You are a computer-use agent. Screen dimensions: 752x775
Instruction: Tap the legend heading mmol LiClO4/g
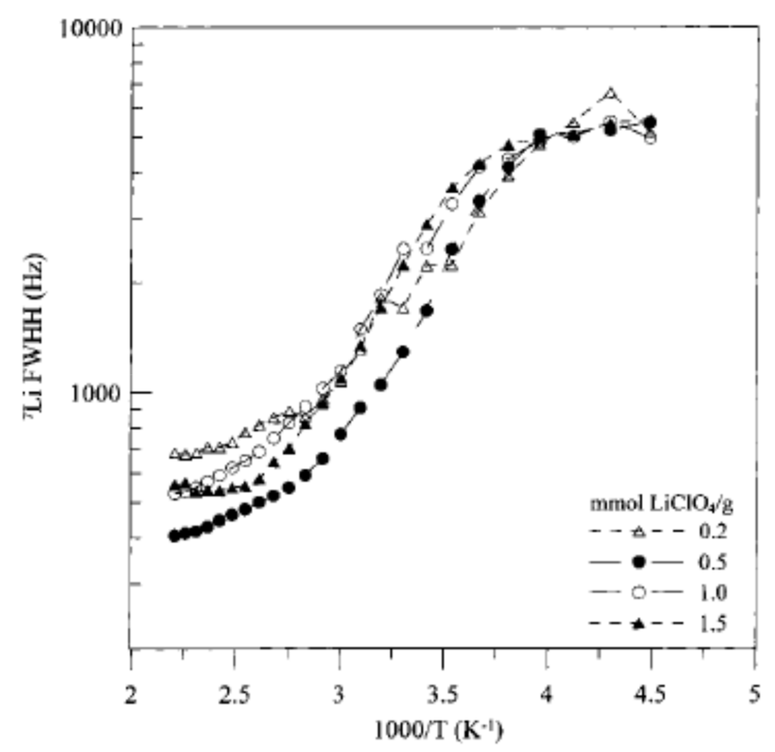click(661, 505)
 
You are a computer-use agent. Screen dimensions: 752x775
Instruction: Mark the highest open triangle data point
click(610, 94)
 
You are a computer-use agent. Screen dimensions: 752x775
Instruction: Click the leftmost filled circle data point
click(174, 536)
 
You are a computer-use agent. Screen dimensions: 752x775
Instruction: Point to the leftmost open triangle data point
click(174, 453)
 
